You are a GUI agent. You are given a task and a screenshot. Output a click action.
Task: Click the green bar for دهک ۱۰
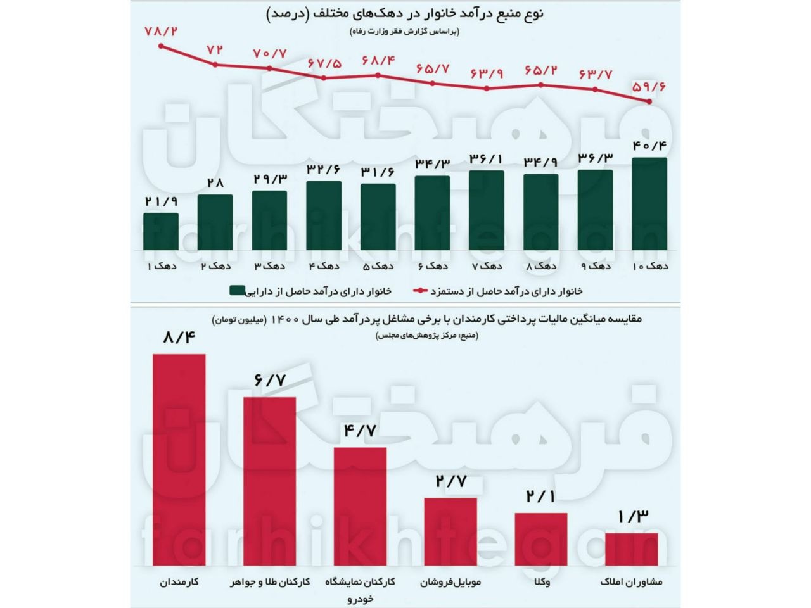tap(649, 203)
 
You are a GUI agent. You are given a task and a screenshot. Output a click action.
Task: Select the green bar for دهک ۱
tap(161, 231)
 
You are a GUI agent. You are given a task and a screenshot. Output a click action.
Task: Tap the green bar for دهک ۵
tap(378, 217)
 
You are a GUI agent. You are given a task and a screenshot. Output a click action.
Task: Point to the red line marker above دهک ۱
tap(162, 46)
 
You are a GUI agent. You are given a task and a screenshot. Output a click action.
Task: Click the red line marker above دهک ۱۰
tap(649, 101)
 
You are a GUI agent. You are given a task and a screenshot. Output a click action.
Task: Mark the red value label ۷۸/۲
tap(161, 30)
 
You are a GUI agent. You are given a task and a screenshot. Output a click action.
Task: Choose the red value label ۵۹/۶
tap(649, 87)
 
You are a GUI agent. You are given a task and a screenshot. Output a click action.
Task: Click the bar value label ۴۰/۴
tap(649, 145)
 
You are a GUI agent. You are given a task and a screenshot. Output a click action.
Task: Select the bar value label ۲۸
tap(215, 182)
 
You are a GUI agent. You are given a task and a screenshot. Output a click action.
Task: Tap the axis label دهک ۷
tap(487, 266)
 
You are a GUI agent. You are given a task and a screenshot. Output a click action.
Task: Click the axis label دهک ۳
tap(269, 266)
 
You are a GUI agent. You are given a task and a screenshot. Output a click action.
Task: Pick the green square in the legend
tap(236, 291)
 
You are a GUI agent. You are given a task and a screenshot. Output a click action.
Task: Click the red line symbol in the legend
tap(420, 291)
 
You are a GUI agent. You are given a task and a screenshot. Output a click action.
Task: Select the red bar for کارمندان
tap(179, 459)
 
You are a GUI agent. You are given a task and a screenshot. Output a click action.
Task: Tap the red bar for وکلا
tap(540, 539)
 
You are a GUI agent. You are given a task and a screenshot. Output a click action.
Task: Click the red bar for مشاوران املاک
tap(631, 549)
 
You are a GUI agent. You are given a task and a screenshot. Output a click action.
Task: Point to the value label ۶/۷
tap(270, 381)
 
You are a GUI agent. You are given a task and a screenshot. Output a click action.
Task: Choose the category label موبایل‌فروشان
tap(450, 582)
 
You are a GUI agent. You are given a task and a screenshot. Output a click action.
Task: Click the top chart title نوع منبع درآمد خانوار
tap(405, 13)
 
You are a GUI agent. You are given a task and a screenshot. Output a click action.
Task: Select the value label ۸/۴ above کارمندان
tap(179, 338)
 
